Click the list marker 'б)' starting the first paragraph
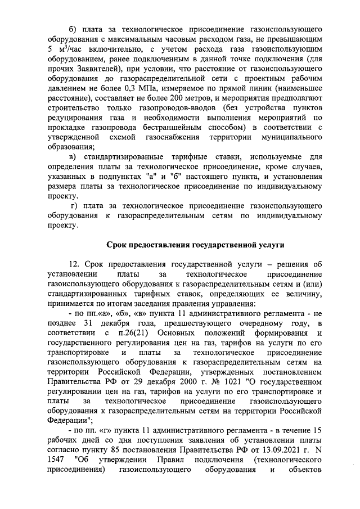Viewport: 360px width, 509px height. click(x=72, y=29)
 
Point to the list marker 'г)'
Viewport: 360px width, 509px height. click(x=74, y=201)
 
